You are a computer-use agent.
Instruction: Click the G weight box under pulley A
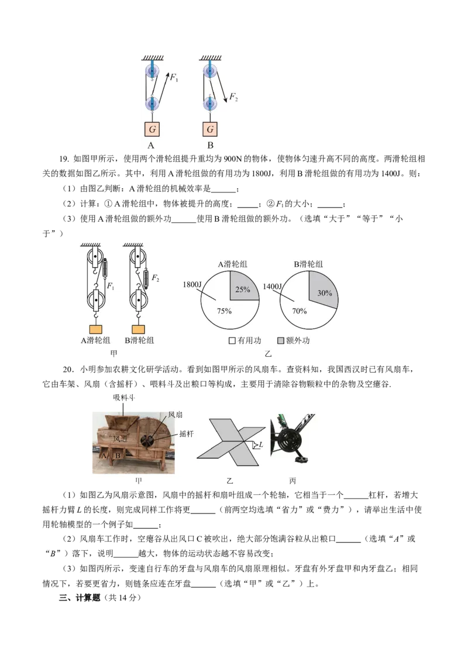pos(153,129)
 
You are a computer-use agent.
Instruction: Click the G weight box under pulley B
pos(210,129)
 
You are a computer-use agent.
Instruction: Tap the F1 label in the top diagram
pos(174,77)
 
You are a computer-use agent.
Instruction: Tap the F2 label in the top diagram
pos(233,96)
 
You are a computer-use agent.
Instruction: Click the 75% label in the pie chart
pos(224,311)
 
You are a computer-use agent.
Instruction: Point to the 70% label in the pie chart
pos(299,311)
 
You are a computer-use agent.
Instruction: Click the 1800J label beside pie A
pos(192,285)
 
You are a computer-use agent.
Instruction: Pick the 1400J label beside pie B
pos(272,287)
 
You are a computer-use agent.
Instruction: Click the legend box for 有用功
pos(232,340)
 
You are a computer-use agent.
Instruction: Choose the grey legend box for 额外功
pos(280,340)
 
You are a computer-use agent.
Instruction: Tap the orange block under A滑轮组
pos(96,329)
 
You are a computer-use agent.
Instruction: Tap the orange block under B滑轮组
pos(138,329)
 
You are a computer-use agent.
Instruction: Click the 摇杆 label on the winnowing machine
pos(186,433)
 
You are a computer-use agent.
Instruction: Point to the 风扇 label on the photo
pos(175,415)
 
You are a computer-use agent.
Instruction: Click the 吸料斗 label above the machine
pos(124,397)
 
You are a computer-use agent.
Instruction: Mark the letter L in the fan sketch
pos(260,444)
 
